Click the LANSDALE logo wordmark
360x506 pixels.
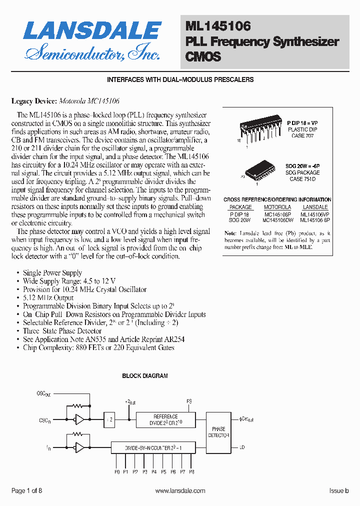click(92, 31)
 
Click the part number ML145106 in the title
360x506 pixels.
click(218, 25)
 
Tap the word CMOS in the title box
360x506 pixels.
click(203, 56)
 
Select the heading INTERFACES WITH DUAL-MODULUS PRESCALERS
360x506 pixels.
click(180, 80)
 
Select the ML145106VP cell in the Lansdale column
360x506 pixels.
click(315, 213)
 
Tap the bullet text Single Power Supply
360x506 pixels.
click(52, 273)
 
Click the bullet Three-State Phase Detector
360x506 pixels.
click(62, 331)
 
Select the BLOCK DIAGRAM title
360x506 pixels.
click(145, 376)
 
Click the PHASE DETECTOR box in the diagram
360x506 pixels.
click(218, 432)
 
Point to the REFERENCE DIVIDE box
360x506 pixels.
click(165, 419)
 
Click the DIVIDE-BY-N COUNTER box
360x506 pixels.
click(153, 448)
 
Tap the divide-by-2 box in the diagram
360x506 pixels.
click(110, 419)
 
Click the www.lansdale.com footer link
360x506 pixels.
click(180, 491)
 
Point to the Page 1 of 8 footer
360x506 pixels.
click(27, 491)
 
